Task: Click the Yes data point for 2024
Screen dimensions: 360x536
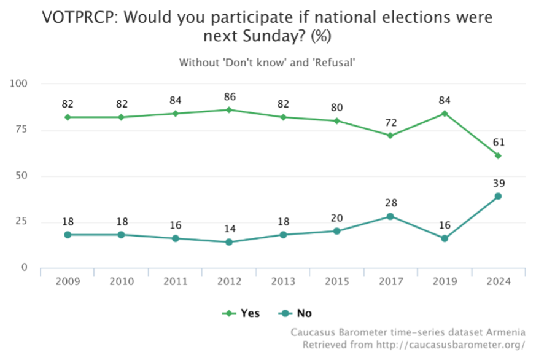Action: [x=498, y=155]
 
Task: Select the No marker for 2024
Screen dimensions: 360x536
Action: [x=498, y=196]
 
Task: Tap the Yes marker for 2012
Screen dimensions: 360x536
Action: [x=228, y=110]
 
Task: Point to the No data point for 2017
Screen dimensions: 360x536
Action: [x=390, y=216]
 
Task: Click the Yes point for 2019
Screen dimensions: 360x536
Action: [x=445, y=113]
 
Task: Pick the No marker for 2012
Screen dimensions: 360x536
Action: [x=228, y=242]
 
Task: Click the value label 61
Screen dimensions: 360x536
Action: [x=498, y=143]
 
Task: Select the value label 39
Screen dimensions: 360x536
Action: [x=498, y=184]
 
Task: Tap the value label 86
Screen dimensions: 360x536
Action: [x=228, y=97]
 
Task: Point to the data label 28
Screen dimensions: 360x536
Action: [x=390, y=203]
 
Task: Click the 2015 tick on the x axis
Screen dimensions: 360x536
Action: [x=336, y=281]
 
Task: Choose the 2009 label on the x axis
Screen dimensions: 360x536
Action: [x=68, y=281]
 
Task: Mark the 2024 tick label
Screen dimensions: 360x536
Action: [x=498, y=281]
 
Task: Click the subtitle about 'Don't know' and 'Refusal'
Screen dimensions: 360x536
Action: [x=267, y=62]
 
